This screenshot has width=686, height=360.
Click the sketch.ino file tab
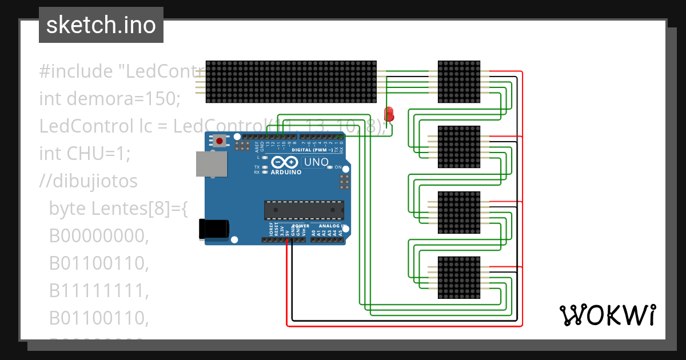tap(101, 25)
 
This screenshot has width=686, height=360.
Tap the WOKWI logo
tap(607, 315)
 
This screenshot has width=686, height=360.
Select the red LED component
tap(389, 114)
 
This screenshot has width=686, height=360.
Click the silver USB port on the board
tap(210, 164)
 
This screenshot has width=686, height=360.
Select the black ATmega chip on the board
tap(304, 210)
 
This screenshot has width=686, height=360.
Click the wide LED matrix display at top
tap(290, 82)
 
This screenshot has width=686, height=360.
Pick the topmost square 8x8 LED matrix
tap(459, 82)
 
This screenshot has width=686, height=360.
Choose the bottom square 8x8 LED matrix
tap(459, 278)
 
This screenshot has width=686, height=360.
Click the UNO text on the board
tap(316, 162)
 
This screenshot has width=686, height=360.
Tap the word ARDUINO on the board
tap(285, 172)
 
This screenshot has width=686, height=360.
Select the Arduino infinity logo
tap(285, 162)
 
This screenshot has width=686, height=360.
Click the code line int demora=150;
tap(109, 99)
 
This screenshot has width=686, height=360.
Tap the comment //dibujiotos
tap(88, 181)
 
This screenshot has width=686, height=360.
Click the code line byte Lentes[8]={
tap(118, 209)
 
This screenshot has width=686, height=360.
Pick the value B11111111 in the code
tap(98, 290)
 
